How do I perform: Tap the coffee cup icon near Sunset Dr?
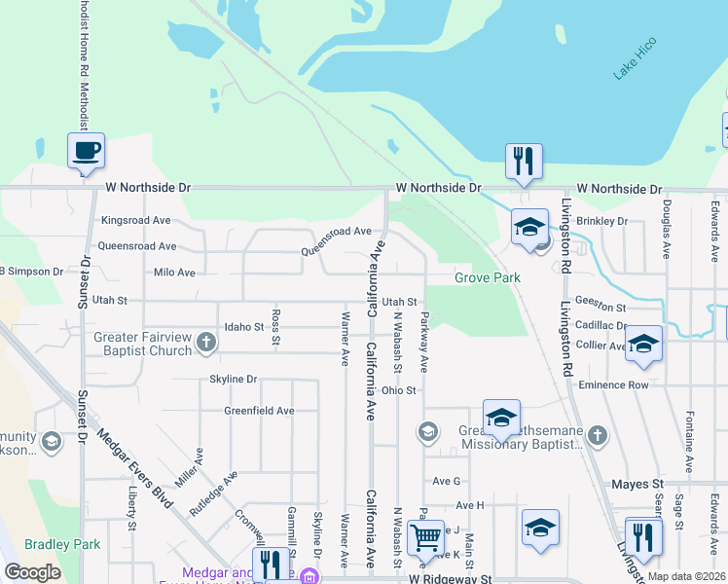click(x=86, y=150)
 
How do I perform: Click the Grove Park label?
click(x=488, y=277)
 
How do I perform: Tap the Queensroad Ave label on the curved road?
click(x=337, y=240)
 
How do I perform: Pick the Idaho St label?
click(x=244, y=327)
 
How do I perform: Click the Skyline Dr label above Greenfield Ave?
click(x=233, y=379)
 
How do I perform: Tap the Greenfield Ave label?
click(x=259, y=411)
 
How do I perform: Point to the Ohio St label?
click(x=399, y=390)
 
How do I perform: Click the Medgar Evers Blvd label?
click(x=135, y=472)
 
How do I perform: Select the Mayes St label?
click(x=637, y=484)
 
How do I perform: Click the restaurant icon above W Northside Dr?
click(x=524, y=160)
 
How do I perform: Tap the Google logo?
click(x=32, y=572)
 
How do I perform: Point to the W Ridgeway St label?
click(x=451, y=578)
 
